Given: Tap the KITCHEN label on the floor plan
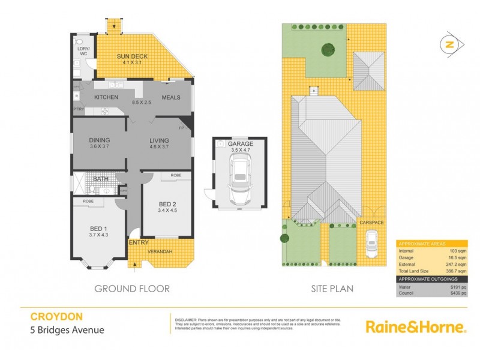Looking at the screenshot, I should pos(105,97).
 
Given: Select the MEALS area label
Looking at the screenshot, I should pos(172,97).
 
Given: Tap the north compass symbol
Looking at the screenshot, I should pos(451,44).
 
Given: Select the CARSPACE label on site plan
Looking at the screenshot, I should pos(371,223).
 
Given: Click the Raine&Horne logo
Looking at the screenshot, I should pos(416,327).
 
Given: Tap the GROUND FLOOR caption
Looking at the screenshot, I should pos(132,289).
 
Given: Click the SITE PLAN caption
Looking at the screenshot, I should pos(332,289).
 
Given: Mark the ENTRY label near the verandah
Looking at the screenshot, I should pos(139,242).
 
